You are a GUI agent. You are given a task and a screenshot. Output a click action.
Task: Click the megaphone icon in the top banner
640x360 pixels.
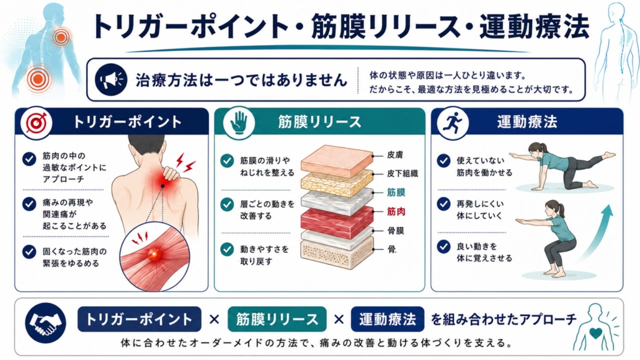coord(111,79)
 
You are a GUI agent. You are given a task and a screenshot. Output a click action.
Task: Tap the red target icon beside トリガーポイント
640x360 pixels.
coord(36,123)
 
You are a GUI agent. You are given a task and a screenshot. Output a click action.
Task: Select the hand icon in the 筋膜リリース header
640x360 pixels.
coord(239,123)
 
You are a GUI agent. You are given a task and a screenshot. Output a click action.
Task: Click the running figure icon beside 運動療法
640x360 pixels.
coord(452,123)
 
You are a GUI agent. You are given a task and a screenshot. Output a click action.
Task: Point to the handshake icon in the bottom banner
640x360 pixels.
coord(45,323)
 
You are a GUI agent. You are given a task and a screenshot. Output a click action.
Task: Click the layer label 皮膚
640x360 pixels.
coord(395,155)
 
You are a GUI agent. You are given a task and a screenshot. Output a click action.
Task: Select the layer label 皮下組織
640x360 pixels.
coord(402,173)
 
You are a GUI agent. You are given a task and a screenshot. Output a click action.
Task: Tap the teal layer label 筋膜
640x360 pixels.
coord(396,192)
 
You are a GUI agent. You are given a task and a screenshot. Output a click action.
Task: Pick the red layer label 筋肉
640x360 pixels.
coord(396,211)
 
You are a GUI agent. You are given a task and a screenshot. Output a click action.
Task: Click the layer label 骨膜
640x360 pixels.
coord(395,231)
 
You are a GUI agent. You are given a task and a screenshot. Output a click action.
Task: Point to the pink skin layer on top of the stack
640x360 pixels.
coord(337,161)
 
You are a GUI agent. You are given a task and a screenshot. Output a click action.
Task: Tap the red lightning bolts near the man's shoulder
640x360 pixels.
coord(185,162)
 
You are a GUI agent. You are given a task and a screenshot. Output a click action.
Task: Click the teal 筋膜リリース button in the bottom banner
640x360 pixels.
coord(277,319)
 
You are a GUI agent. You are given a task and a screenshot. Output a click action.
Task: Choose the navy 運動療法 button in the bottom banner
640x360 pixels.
coord(387,319)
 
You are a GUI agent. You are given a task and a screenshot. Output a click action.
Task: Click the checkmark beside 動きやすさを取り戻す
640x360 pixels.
coord(227,249)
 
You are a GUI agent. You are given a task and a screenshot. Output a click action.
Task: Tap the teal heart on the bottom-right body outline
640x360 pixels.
coord(595,333)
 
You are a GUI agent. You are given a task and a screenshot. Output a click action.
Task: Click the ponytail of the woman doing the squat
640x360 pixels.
coord(561,210)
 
